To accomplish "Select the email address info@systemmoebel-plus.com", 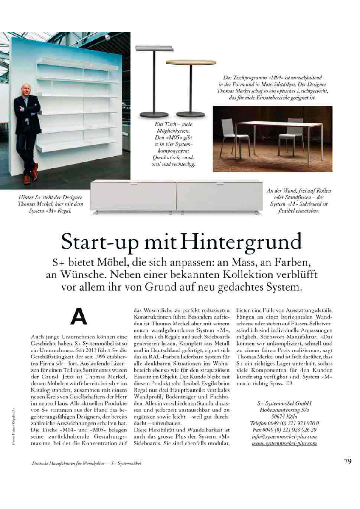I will pyautogui.click(x=284, y=436).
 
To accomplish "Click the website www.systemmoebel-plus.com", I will pyautogui.click(x=284, y=443).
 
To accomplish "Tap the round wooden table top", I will pyautogui.click(x=185, y=62).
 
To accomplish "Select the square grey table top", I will pyautogui.click(x=154, y=48).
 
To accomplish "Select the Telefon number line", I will pyautogui.click(x=284, y=423).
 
